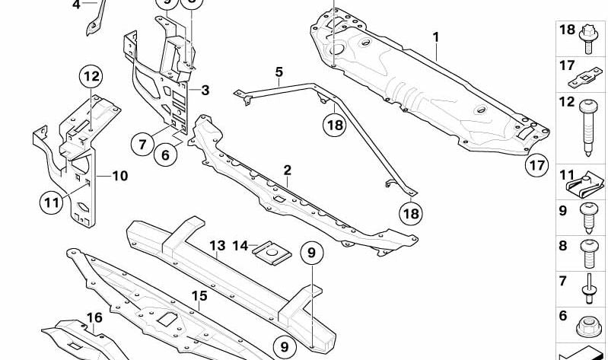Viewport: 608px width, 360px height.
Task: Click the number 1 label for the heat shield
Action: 436,37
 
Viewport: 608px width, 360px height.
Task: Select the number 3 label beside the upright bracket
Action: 205,90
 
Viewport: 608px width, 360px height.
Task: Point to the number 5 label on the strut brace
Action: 279,72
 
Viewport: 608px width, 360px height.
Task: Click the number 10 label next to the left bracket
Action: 119,176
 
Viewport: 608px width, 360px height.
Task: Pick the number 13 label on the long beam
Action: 218,246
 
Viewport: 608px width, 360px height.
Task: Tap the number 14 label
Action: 240,246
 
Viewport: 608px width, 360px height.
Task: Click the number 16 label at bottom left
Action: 94,318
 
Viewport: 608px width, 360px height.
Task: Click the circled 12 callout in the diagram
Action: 91,76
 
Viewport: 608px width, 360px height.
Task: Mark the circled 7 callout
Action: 142,142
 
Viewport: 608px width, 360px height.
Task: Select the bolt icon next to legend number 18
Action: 589,38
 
